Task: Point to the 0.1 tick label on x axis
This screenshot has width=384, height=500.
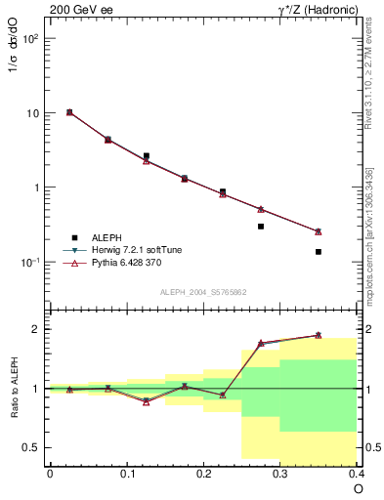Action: (126, 473)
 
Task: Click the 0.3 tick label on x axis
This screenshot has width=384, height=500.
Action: (280, 473)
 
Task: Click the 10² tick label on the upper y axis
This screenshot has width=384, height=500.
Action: (32, 39)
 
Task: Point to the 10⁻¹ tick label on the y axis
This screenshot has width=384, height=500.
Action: (31, 263)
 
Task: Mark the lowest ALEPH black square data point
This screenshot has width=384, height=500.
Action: (319, 252)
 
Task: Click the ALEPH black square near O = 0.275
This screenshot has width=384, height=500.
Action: (261, 227)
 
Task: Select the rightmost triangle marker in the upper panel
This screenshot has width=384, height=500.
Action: (319, 231)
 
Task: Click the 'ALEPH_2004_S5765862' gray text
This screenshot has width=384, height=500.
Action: (202, 292)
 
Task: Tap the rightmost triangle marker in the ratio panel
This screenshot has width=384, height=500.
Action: (319, 335)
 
